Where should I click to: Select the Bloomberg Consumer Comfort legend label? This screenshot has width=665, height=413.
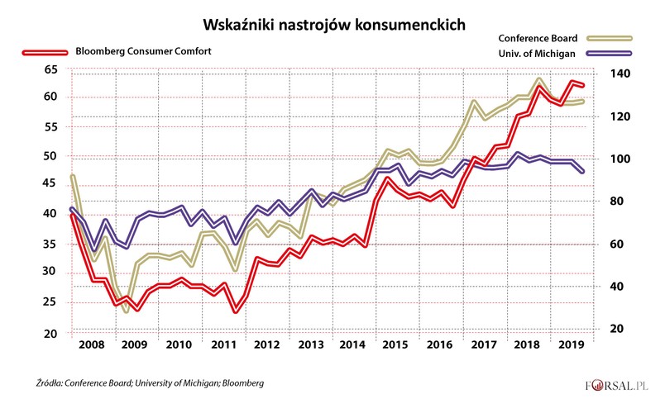click(x=143, y=50)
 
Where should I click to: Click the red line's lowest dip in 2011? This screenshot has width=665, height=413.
click(x=236, y=311)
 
